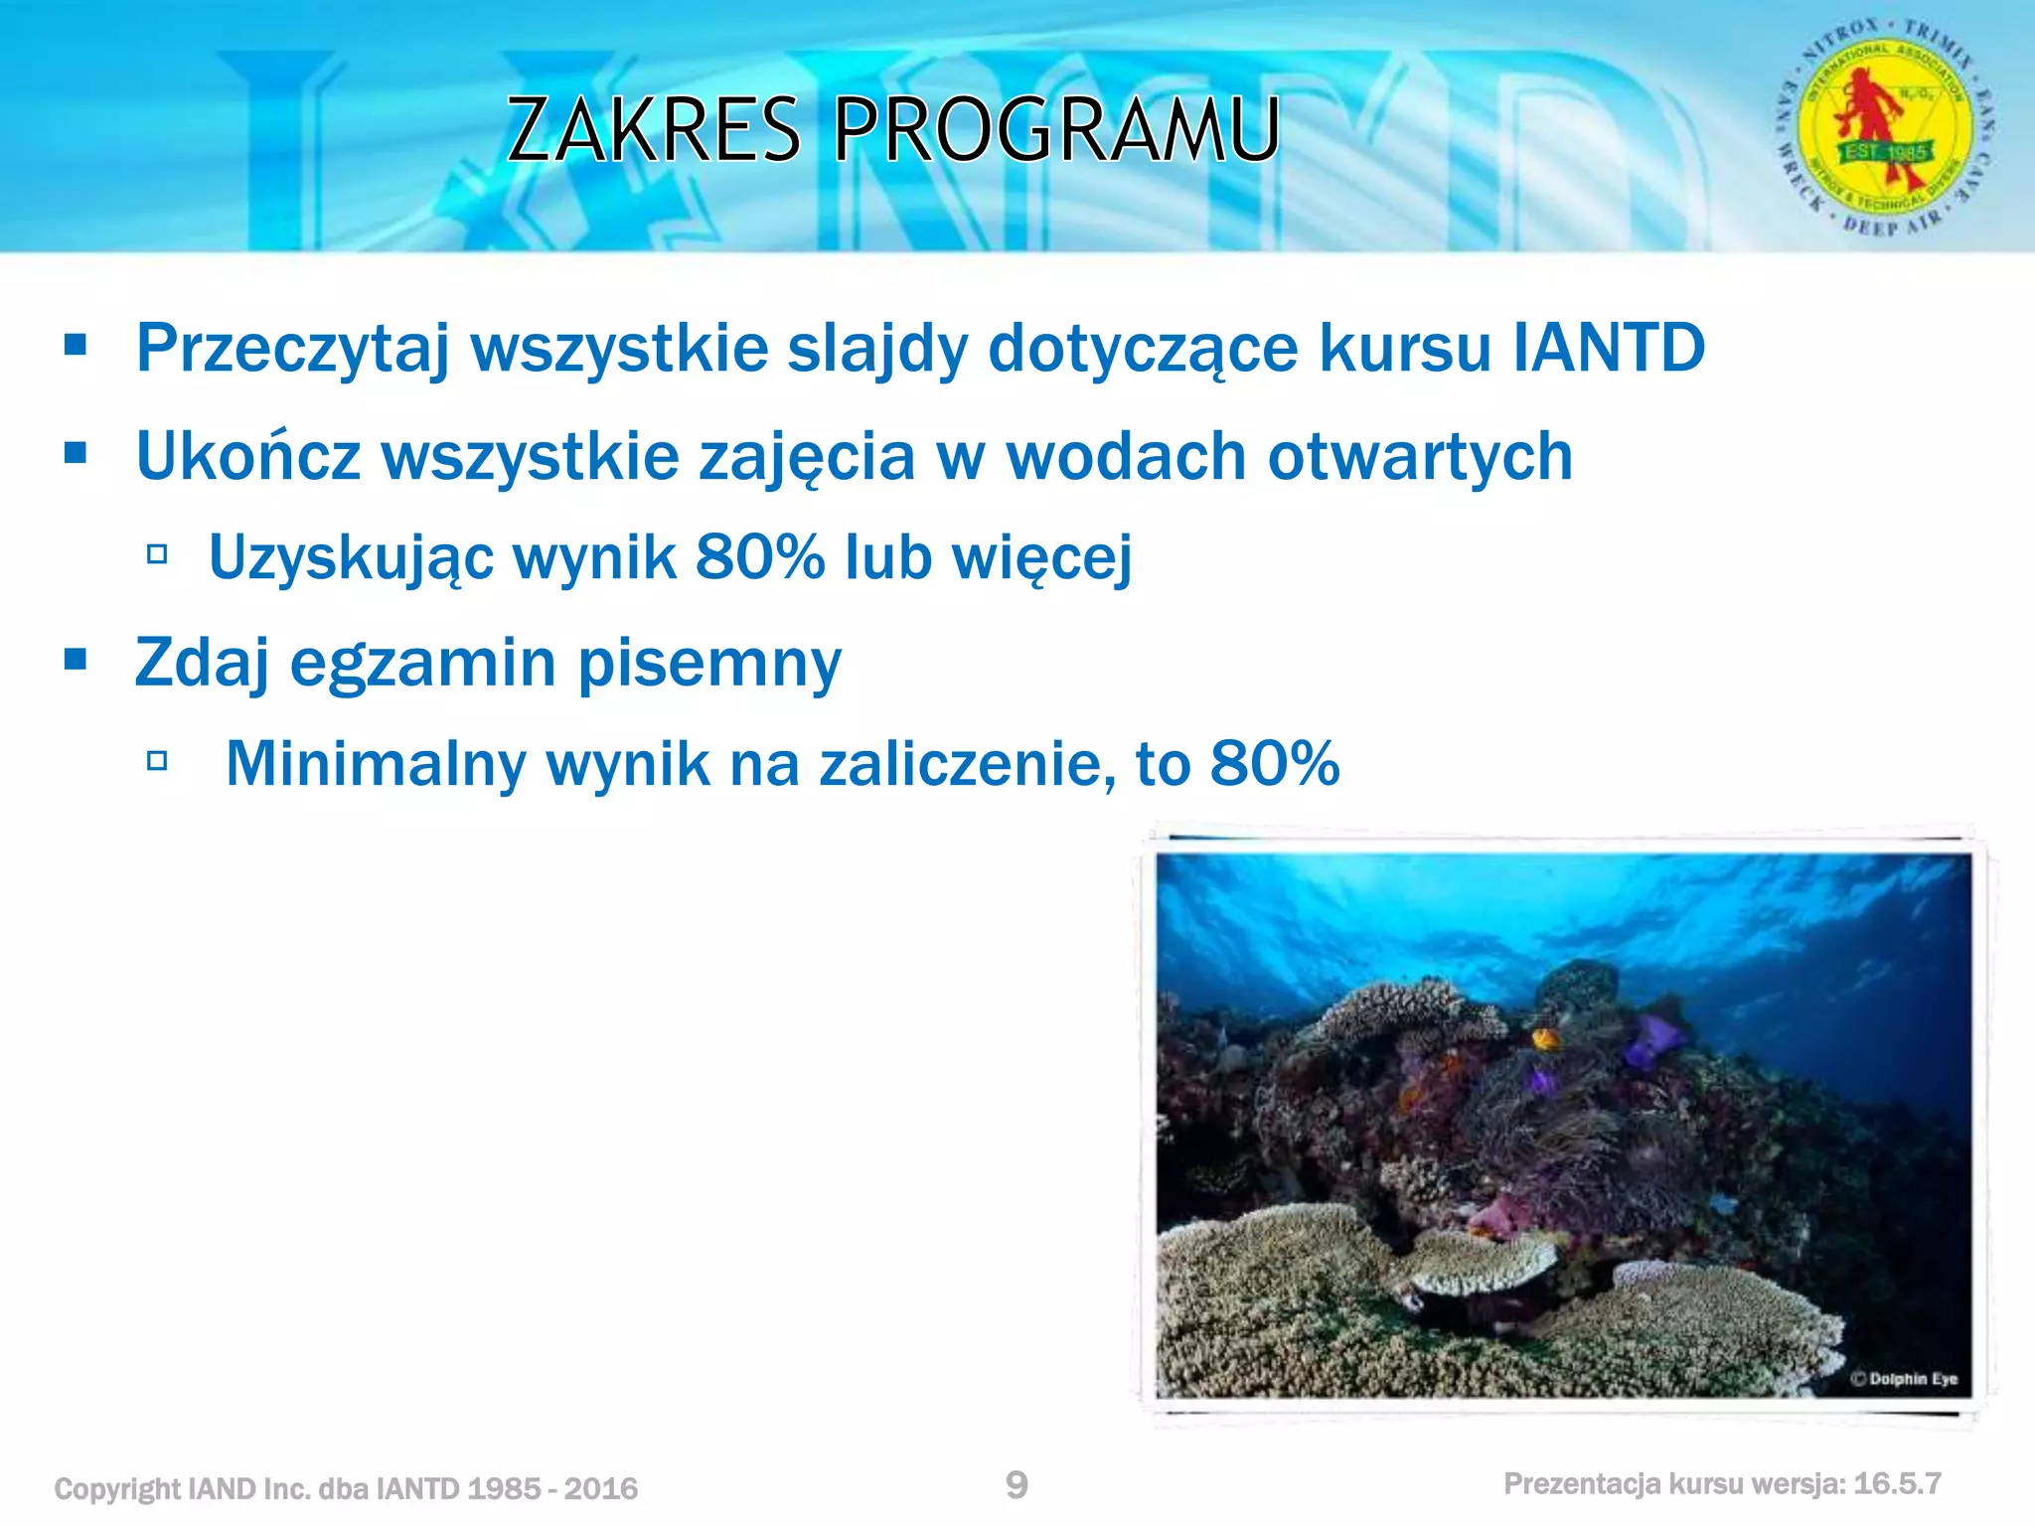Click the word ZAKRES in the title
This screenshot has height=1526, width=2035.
point(653,129)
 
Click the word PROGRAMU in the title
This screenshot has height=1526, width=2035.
point(1056,129)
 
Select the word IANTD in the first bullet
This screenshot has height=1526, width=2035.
point(1609,349)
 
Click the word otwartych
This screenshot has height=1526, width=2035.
point(1420,457)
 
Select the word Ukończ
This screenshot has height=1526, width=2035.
point(247,457)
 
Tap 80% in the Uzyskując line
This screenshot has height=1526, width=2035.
point(760,556)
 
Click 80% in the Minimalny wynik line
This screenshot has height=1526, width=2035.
point(1275,764)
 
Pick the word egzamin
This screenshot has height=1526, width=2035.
point(422,664)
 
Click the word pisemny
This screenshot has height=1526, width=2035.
point(709,664)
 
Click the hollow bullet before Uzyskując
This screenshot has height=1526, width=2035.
point(157,553)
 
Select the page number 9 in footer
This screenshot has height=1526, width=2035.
point(1017,1484)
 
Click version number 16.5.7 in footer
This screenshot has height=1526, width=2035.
point(1897,1484)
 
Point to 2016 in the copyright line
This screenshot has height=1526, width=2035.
point(600,1488)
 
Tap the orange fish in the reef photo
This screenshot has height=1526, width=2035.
point(1545,1039)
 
